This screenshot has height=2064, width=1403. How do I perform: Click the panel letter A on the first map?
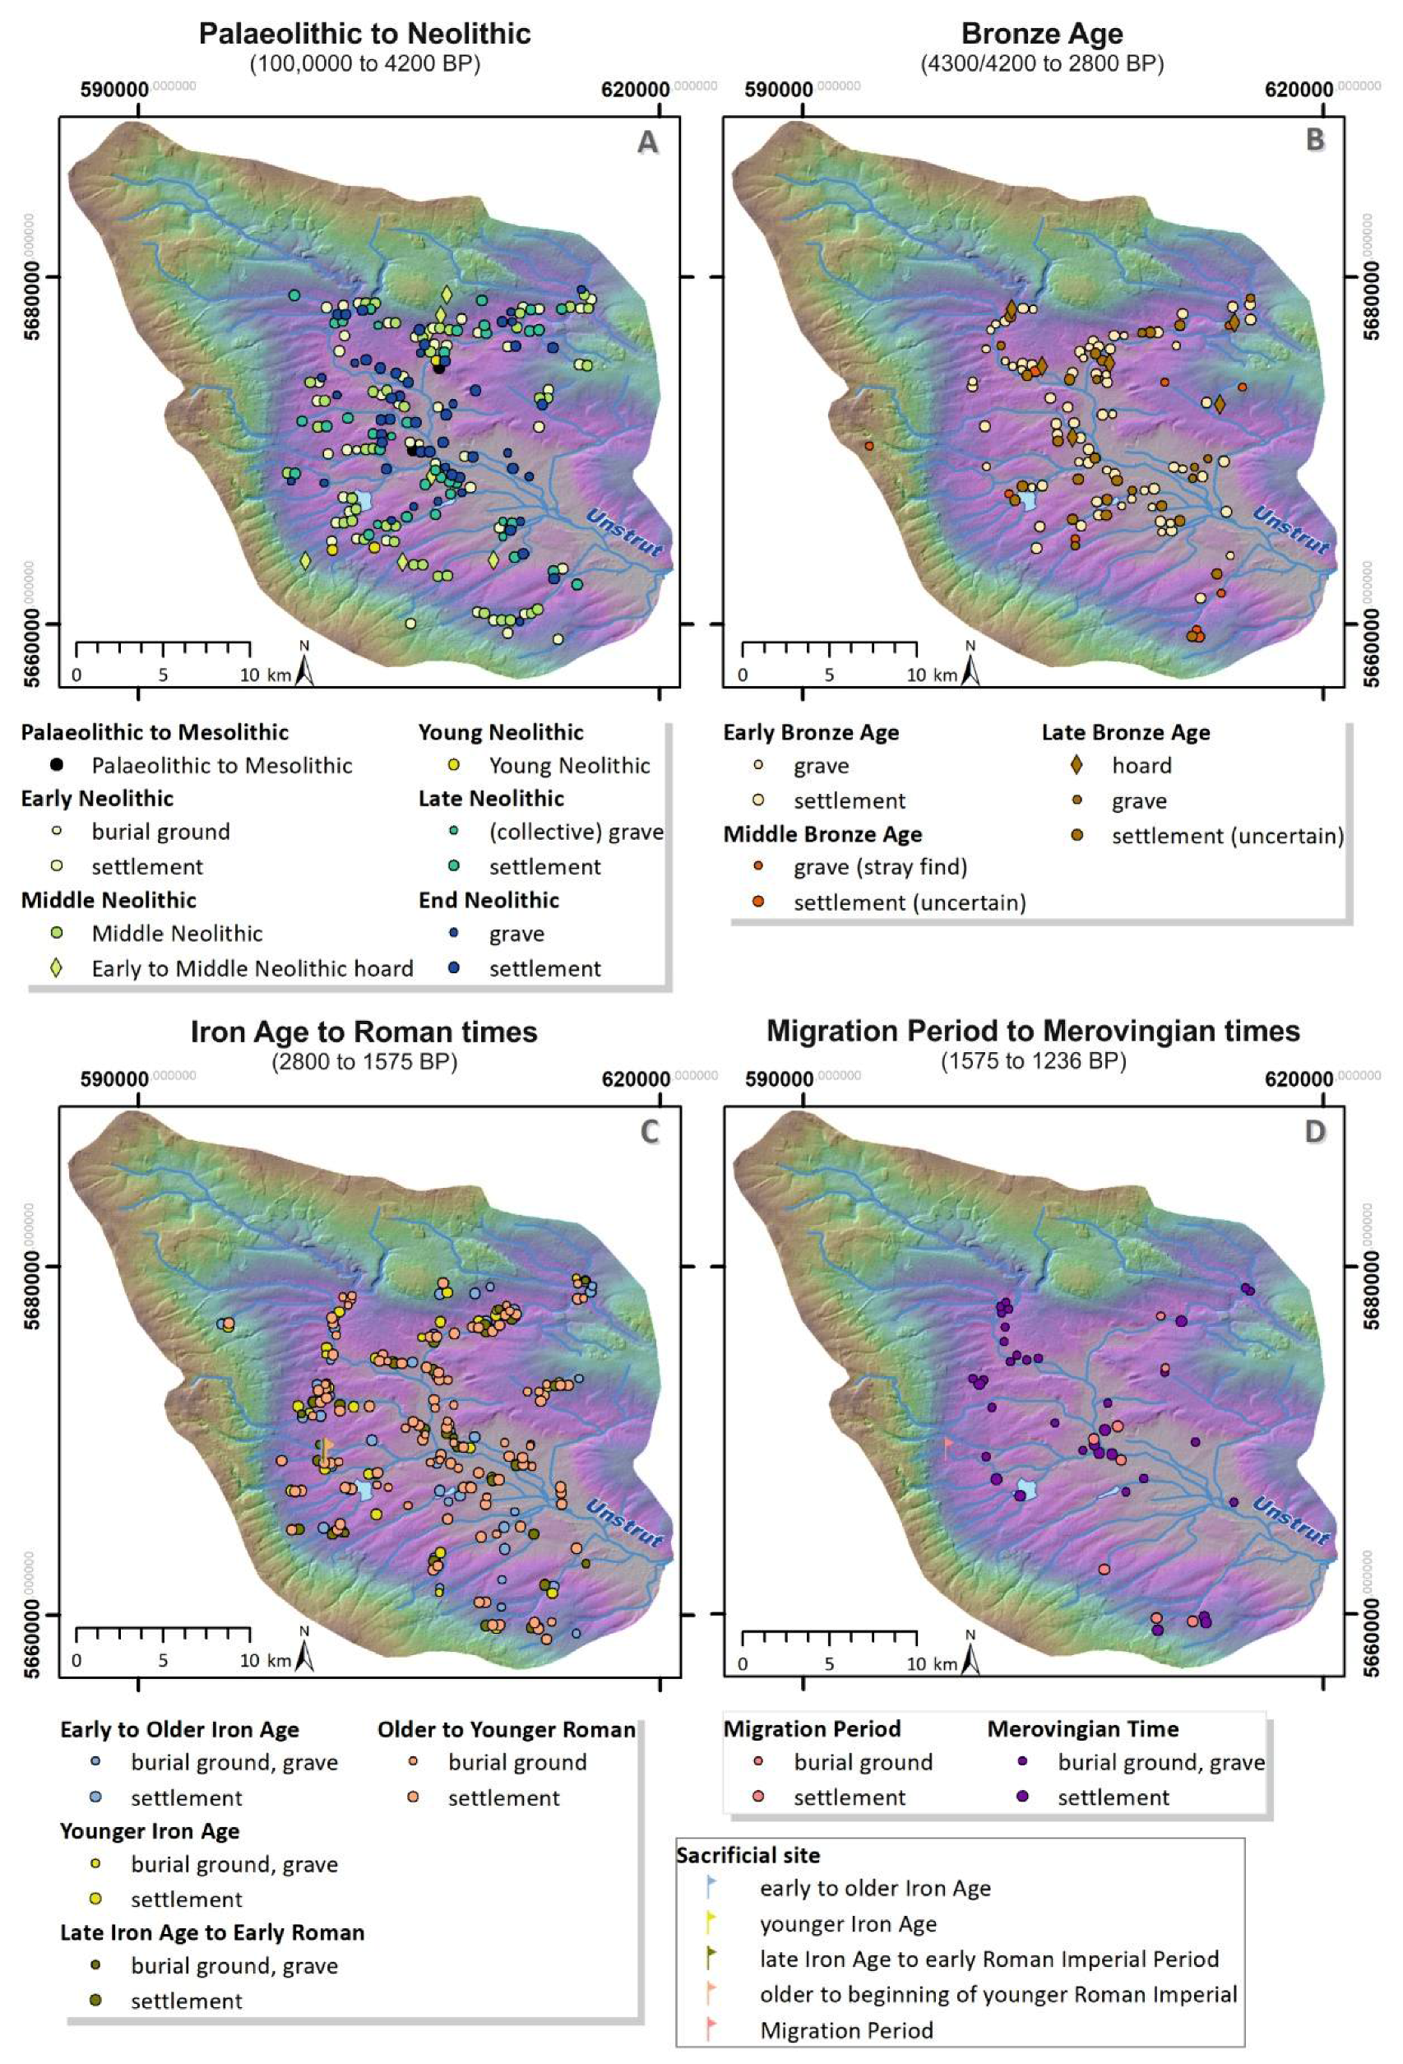point(647,142)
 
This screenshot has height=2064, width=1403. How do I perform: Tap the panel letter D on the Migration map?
point(1314,1131)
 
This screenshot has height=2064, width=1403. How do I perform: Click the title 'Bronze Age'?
point(1042,34)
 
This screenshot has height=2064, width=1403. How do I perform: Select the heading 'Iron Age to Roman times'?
point(364,1032)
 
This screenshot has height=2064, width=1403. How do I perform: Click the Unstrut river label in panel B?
point(1290,531)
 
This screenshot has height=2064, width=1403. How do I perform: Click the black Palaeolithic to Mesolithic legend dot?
point(57,765)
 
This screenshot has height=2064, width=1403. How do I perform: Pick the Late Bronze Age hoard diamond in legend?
point(1077,765)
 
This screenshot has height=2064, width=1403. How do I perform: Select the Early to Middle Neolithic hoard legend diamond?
point(57,968)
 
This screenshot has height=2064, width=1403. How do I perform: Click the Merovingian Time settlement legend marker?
point(1022,1797)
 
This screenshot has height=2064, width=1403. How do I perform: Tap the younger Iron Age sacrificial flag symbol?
point(711,1922)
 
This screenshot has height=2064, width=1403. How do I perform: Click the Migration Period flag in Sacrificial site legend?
point(711,2029)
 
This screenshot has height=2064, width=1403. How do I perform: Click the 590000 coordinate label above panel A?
point(113,90)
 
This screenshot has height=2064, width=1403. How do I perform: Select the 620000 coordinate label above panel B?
point(1299,90)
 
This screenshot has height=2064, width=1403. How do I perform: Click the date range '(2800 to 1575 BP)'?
point(364,1061)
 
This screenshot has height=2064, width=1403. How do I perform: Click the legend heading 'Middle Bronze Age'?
point(822,834)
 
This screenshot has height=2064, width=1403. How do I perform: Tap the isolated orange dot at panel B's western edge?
point(868,445)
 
